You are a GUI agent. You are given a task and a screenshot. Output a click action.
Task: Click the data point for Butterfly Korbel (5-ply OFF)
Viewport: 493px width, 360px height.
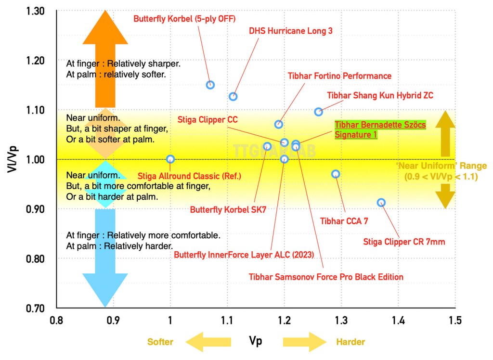210,85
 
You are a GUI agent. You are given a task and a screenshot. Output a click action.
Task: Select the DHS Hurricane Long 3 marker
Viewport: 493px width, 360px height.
233,96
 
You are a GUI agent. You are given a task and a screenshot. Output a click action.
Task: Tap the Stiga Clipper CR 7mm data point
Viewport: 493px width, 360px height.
381,203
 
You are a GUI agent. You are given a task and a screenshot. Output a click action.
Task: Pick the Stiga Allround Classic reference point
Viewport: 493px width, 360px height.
170,159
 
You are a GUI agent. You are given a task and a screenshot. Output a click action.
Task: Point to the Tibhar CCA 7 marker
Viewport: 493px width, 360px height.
336,174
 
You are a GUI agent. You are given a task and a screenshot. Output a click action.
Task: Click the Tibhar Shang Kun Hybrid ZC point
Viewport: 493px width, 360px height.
319,112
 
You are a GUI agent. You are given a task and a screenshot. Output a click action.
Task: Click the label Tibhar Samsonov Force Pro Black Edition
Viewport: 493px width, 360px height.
326,277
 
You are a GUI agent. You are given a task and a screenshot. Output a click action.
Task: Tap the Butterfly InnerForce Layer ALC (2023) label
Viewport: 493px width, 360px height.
244,254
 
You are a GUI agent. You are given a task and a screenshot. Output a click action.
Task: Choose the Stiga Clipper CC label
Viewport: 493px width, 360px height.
208,119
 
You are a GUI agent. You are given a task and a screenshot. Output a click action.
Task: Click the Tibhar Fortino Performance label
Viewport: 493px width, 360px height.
339,76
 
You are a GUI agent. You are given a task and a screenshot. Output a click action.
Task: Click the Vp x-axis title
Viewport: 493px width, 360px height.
256,342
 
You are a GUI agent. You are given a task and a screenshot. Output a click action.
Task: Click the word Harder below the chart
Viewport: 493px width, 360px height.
350,342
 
